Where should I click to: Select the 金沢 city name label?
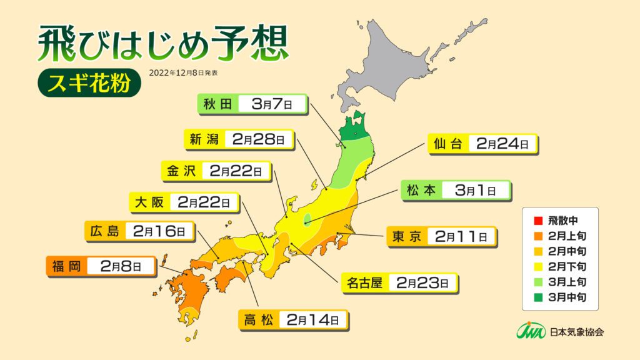[181, 171]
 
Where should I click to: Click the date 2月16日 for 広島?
[159, 232]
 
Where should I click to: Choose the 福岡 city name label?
[66, 266]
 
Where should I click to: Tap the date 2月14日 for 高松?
[312, 321]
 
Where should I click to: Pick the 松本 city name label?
[420, 190]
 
